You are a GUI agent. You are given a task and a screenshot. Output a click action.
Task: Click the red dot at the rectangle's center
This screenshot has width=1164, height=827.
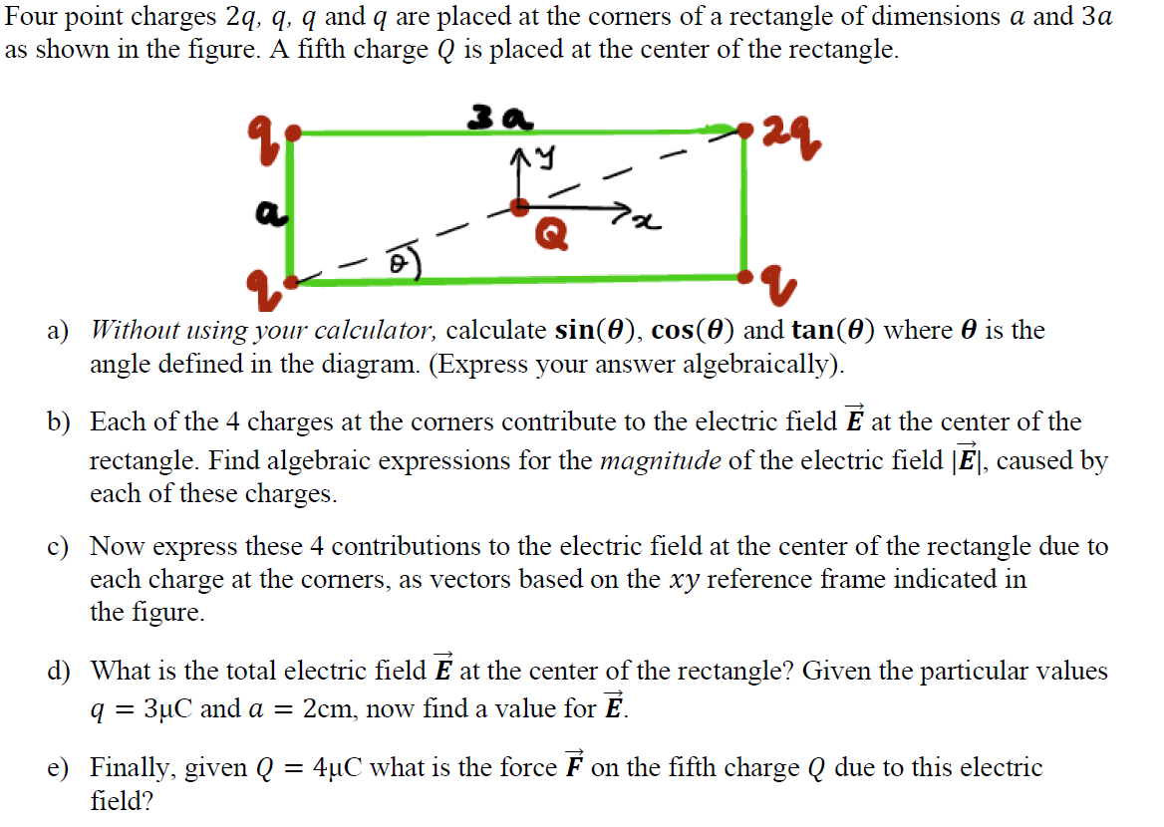(x=519, y=206)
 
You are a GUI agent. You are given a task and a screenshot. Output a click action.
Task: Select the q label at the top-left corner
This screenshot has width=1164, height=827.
(x=261, y=130)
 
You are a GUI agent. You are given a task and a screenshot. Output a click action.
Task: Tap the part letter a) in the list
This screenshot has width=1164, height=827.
(x=58, y=331)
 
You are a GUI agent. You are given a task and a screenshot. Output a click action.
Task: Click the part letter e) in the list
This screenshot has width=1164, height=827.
(x=58, y=768)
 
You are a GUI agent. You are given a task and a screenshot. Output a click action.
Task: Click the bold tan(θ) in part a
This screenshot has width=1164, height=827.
(x=835, y=330)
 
